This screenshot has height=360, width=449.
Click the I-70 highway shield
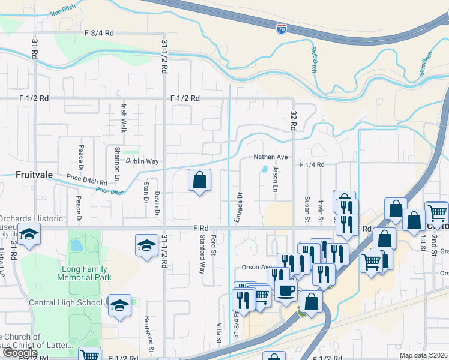point(282,28)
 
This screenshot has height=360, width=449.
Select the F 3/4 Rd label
point(99,34)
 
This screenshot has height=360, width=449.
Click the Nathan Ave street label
point(270,157)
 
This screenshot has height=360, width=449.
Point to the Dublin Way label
point(142,161)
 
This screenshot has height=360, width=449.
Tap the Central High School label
point(65,302)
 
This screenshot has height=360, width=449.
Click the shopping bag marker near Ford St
point(199,179)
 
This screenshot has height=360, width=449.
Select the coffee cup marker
point(286,290)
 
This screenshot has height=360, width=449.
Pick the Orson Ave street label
point(258,267)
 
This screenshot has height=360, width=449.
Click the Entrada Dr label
point(238,208)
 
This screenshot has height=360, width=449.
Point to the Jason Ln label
point(274,179)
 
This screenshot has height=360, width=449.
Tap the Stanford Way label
point(202,254)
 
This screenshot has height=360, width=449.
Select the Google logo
point(19,353)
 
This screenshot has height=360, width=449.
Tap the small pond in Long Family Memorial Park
point(76,245)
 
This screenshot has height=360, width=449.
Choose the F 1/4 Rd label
point(312,164)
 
